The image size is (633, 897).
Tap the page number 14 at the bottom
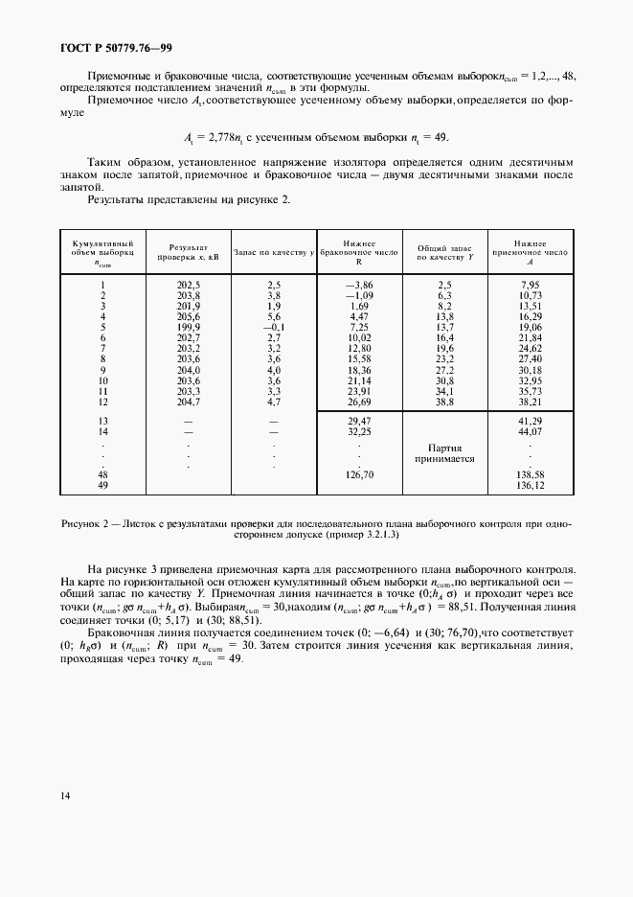click(x=65, y=794)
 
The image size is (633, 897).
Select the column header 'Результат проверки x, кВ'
click(x=188, y=252)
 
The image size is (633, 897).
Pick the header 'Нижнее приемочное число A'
click(x=529, y=252)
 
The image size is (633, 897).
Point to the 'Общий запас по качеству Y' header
click(x=444, y=252)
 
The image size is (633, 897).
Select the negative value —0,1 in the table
click(x=273, y=327)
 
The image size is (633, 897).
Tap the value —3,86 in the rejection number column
click(x=358, y=285)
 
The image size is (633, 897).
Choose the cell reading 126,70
click(x=359, y=474)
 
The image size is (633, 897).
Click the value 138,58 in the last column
click(x=530, y=474)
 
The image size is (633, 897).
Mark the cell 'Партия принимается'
click(x=444, y=452)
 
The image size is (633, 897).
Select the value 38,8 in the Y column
click(x=444, y=401)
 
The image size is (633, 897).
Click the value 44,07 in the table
click(x=530, y=432)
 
